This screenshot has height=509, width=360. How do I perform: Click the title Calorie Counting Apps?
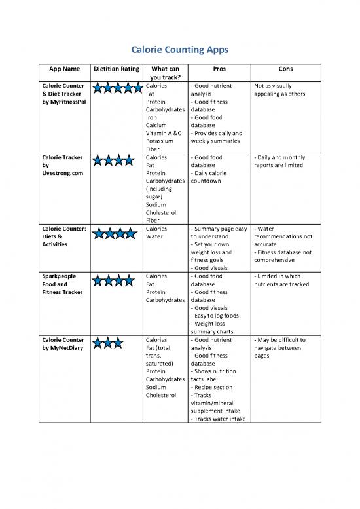(x=179, y=49)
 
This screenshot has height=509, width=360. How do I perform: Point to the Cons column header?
(x=285, y=68)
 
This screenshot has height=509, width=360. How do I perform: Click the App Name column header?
(x=65, y=68)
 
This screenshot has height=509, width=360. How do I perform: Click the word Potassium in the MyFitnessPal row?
(x=160, y=140)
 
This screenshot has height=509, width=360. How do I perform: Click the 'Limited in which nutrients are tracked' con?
(x=282, y=281)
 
